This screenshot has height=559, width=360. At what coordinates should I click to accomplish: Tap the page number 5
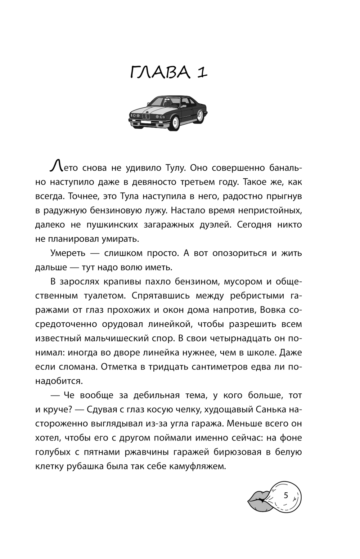click(x=286, y=495)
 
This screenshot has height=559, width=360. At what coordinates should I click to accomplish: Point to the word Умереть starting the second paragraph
click(x=68, y=253)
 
